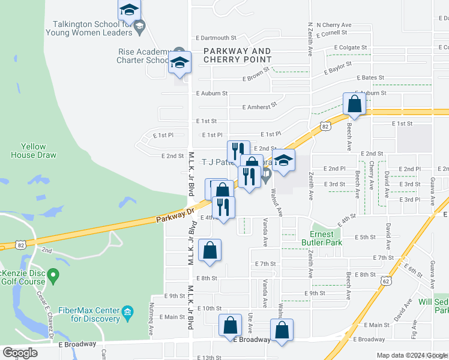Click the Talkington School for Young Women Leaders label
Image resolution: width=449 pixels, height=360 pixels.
point(89,29)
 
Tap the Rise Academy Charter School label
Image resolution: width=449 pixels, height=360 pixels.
point(142,56)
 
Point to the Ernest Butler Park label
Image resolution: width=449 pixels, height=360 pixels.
point(325,238)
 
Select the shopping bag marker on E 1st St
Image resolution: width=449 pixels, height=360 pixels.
point(354,104)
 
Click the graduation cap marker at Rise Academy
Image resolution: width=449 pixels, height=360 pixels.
point(179,62)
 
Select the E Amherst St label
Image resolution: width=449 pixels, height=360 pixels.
point(260,106)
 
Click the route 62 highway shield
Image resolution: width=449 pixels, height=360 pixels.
point(385,281)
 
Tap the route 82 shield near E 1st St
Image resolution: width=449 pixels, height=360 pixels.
point(325,126)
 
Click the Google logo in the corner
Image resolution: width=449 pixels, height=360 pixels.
point(20,352)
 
